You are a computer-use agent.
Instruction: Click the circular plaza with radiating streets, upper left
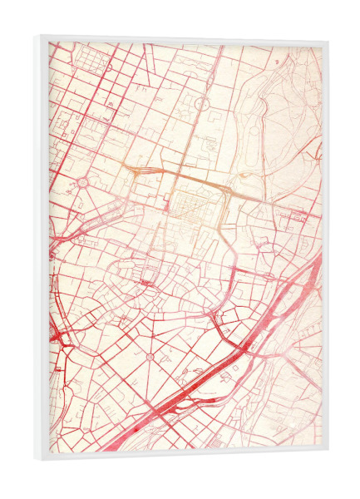pyautogui.click(x=83, y=181)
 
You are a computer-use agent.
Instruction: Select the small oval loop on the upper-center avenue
pyautogui.click(x=200, y=102)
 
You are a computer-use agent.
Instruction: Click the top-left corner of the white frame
pyautogui.click(x=38, y=35)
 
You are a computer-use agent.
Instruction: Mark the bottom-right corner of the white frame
pyautogui.click(x=328, y=452)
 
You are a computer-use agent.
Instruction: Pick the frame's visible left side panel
pyautogui.click(x=42, y=249)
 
